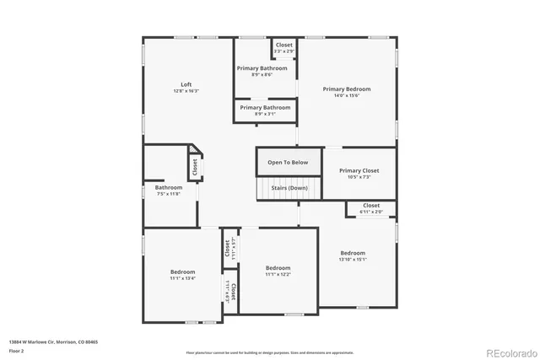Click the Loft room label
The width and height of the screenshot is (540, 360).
186,84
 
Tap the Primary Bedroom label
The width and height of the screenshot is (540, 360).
346,89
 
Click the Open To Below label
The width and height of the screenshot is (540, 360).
288,162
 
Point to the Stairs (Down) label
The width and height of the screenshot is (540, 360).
288,188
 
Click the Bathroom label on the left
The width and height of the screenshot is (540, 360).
168,187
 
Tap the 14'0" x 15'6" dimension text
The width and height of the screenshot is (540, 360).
346,96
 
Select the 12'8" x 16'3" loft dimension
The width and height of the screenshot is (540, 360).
186,91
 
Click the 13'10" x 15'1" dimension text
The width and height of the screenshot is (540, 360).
353,260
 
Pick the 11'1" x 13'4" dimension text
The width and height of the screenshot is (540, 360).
183,278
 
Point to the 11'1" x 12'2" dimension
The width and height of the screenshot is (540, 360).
278,274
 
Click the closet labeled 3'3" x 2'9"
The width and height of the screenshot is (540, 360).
283,48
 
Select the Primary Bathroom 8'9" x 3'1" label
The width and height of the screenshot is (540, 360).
265,110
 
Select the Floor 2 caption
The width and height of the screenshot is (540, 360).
17,351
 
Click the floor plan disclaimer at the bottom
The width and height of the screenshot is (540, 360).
269,352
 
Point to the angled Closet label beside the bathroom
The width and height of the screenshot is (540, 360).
195,168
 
